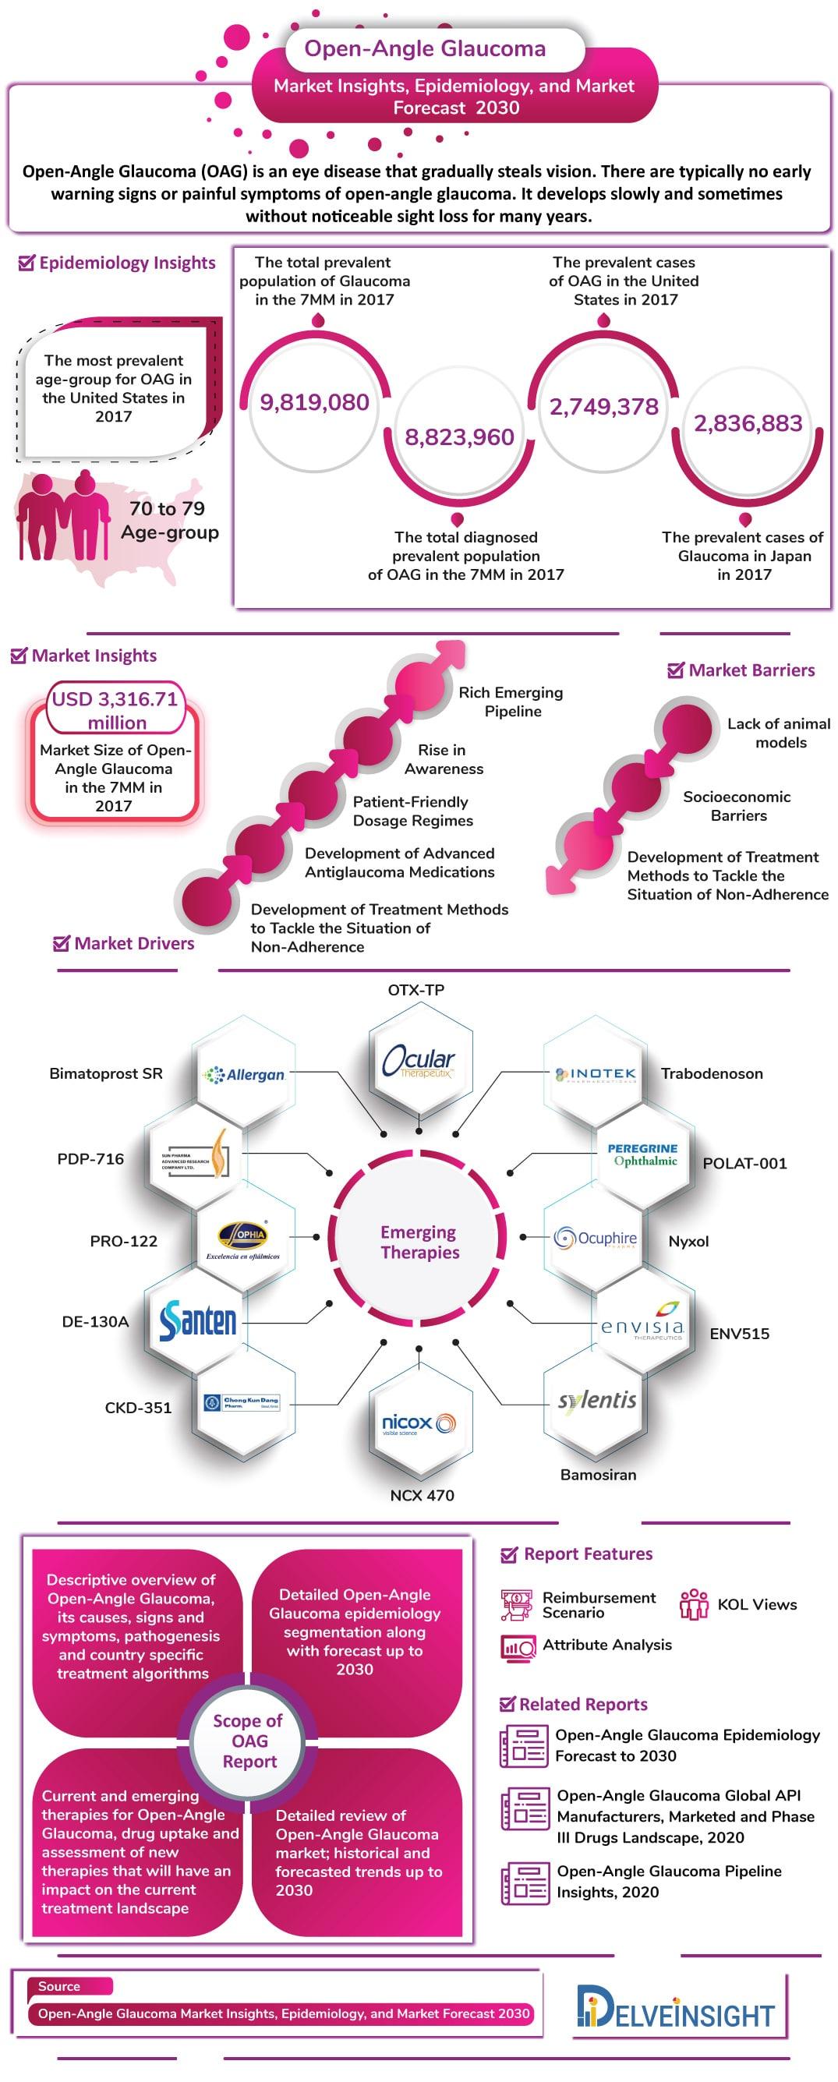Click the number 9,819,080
coord(314,402)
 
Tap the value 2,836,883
coord(748,423)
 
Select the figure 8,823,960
coord(459,437)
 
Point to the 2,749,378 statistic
coord(603,407)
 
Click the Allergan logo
coord(244,1074)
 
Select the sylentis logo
coord(597,1400)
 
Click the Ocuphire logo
coord(596,1238)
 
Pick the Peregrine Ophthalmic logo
coord(643,1154)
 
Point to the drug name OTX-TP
coord(416,990)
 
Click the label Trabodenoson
coord(711,1073)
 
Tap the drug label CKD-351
coord(138,1407)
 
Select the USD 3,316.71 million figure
coord(114,710)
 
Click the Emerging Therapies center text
coord(419,1242)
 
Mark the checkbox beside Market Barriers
coord(675,670)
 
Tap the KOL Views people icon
coord(694,1604)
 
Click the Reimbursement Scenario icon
coord(516,1604)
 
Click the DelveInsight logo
coord(676,2014)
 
